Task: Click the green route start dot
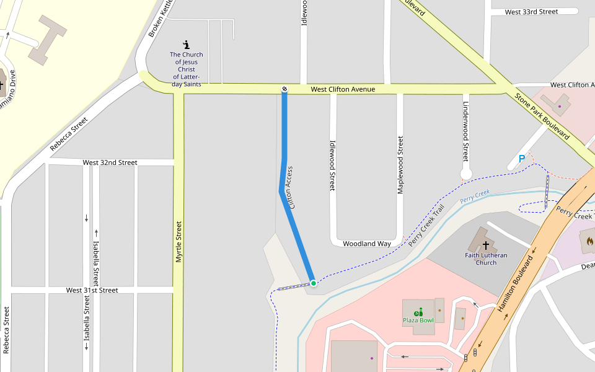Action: tap(314, 283)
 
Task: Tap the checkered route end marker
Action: tap(284, 89)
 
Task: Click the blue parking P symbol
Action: tap(522, 159)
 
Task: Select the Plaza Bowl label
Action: tap(418, 321)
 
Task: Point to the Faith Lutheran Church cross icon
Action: tap(486, 246)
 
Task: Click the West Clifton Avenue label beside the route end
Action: tap(343, 89)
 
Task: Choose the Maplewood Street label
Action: tap(400, 164)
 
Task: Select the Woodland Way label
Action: tap(367, 244)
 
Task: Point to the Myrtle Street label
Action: tap(178, 242)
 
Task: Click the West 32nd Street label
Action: tap(110, 162)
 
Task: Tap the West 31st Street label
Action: tap(92, 290)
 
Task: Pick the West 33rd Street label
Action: tap(531, 12)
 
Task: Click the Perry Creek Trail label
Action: tap(427, 226)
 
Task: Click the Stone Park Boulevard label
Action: tap(542, 117)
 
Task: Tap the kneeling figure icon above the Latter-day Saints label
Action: tap(187, 45)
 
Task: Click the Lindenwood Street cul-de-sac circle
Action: tap(467, 174)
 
